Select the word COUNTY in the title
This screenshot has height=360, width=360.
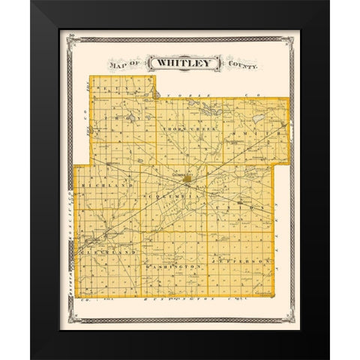pos(240,66)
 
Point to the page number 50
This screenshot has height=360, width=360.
pos(70,34)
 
